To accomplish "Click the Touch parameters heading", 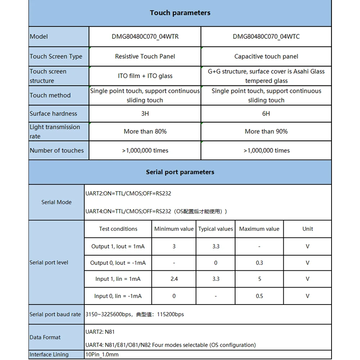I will (180, 13).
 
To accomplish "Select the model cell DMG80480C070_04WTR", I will (145, 36).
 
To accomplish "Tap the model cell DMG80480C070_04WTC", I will (266, 36).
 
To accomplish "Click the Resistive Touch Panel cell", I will (145, 56).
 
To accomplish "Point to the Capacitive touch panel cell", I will (266, 56).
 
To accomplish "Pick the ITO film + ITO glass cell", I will (145, 76).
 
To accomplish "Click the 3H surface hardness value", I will (145, 114).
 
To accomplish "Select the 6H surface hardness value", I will (266, 114).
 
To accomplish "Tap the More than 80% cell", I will (145, 131).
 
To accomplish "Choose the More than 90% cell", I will (266, 131).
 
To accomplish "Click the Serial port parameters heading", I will (180, 172).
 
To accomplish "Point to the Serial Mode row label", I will (57, 202).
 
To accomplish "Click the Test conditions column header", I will (118, 229).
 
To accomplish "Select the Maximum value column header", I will (259, 229).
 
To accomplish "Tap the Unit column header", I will (308, 229).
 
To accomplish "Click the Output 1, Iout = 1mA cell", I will (118, 247).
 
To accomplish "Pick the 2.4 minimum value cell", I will (174, 279).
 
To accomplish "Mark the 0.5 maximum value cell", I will (260, 296).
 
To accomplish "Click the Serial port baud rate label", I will (55, 314).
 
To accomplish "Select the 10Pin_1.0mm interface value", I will (102, 355).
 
